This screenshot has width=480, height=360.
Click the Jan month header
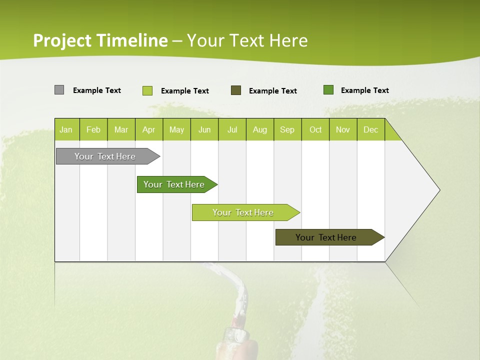[x=66, y=129]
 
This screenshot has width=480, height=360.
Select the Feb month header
[x=93, y=129]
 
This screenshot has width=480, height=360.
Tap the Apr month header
[x=149, y=129]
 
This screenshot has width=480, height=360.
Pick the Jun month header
[x=204, y=129]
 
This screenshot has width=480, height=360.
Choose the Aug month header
[x=260, y=129]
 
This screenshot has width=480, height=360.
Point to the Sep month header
[x=287, y=129]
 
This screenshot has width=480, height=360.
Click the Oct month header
[x=315, y=129]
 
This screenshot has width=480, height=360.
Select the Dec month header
[x=371, y=129]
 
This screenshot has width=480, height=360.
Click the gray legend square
[x=59, y=90]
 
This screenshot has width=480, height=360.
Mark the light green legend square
[x=147, y=90]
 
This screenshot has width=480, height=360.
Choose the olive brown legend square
[x=236, y=90]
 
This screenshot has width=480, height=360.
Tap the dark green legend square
[x=328, y=90]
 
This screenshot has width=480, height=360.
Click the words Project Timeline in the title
[x=100, y=40]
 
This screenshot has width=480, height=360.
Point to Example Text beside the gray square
[x=97, y=90]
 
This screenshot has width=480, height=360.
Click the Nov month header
[x=343, y=129]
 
